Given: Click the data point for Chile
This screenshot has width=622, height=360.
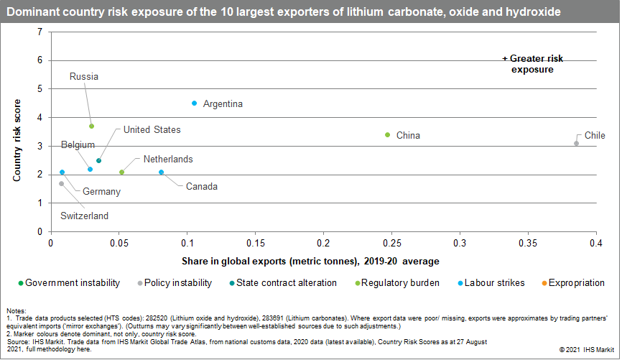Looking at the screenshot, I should pyautogui.click(x=576, y=144).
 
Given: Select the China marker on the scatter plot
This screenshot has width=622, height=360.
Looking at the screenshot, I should pyautogui.click(x=387, y=134).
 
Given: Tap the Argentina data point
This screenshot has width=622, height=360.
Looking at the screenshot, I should pyautogui.click(x=194, y=103).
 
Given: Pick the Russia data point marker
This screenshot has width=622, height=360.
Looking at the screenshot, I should pyautogui.click(x=91, y=126).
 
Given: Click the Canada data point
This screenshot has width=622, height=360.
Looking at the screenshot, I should pyautogui.click(x=161, y=172).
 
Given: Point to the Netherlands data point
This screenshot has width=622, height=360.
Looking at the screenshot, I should pyautogui.click(x=121, y=172).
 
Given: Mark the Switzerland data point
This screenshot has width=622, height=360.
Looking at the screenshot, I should pyautogui.click(x=62, y=184).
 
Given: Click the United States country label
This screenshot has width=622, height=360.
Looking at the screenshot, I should pyautogui.click(x=152, y=130).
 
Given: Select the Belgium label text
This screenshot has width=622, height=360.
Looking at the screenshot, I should pyautogui.click(x=78, y=144).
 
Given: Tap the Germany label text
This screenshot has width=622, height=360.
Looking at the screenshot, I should pyautogui.click(x=101, y=192).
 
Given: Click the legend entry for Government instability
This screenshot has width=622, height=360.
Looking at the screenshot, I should pyautogui.click(x=70, y=283).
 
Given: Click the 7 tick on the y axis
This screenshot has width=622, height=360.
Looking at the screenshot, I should pyautogui.click(x=40, y=32).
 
